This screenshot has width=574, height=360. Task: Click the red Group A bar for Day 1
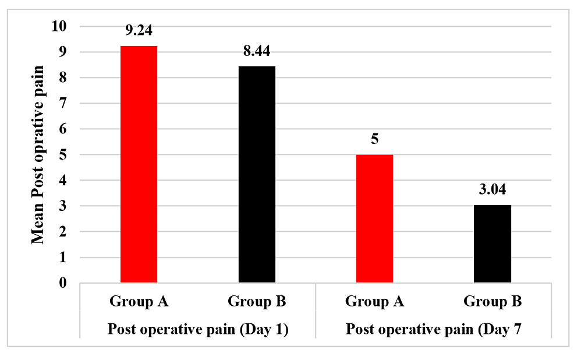pos(139,164)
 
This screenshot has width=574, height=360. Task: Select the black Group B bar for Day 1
pos(257,175)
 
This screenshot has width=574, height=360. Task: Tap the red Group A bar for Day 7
pos(374,219)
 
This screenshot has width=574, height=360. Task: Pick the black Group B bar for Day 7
pos(492,244)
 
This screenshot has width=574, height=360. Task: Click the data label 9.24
pos(139,30)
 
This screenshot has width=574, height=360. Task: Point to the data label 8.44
pos(257,51)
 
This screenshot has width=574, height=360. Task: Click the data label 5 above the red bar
pos(374,140)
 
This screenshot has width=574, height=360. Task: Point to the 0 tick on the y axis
pos(63,283)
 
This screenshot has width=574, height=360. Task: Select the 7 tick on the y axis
pos(63,104)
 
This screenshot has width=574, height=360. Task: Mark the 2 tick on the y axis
pos(63,232)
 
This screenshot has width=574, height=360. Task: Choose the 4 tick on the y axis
pos(63,181)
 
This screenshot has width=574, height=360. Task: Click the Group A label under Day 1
pos(139,302)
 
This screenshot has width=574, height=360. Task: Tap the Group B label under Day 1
pos(257,302)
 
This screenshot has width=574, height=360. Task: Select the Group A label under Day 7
pos(374,302)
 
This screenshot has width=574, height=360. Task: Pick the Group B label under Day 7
pos(492,302)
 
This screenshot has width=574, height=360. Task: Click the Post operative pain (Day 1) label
pos(198,329)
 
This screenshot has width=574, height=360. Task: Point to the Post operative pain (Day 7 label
pos(433,329)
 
